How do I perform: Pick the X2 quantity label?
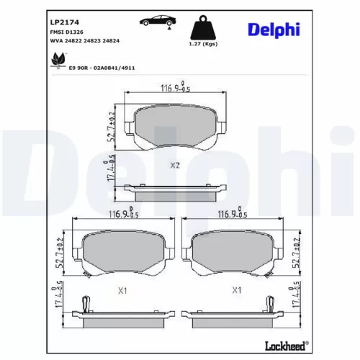click(174, 165)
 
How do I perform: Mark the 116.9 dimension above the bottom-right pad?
click(233, 215)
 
